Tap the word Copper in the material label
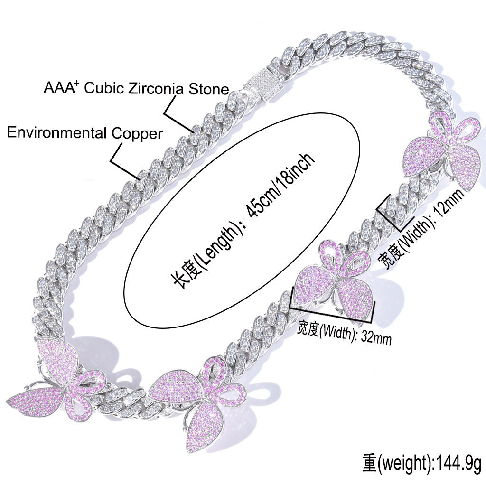click(x=137, y=134)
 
